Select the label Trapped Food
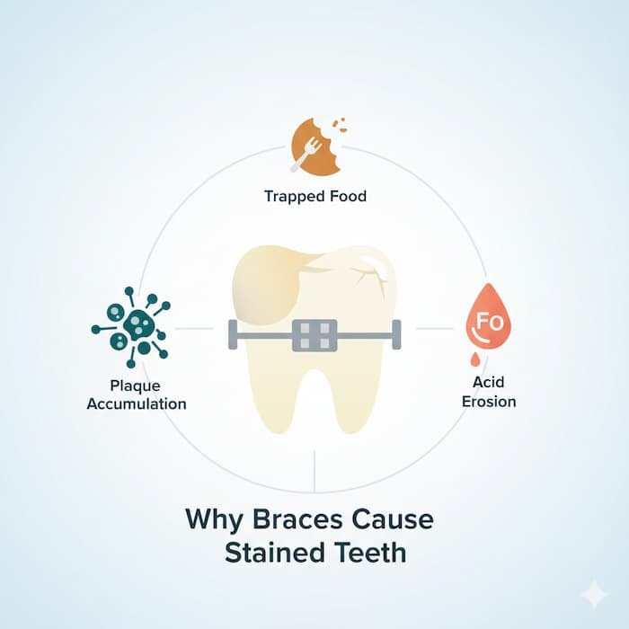314,196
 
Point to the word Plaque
135,386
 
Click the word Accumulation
136,403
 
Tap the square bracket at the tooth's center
314,334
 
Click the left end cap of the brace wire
233,334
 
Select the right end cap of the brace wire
396,334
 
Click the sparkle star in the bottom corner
593,594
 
